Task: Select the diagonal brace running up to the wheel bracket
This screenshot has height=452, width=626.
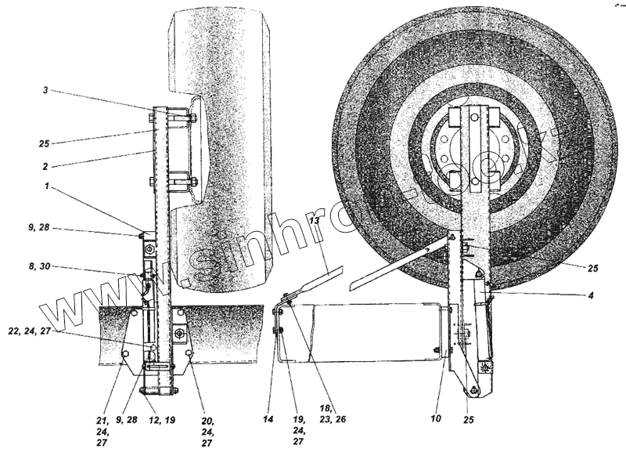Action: point(399,261)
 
